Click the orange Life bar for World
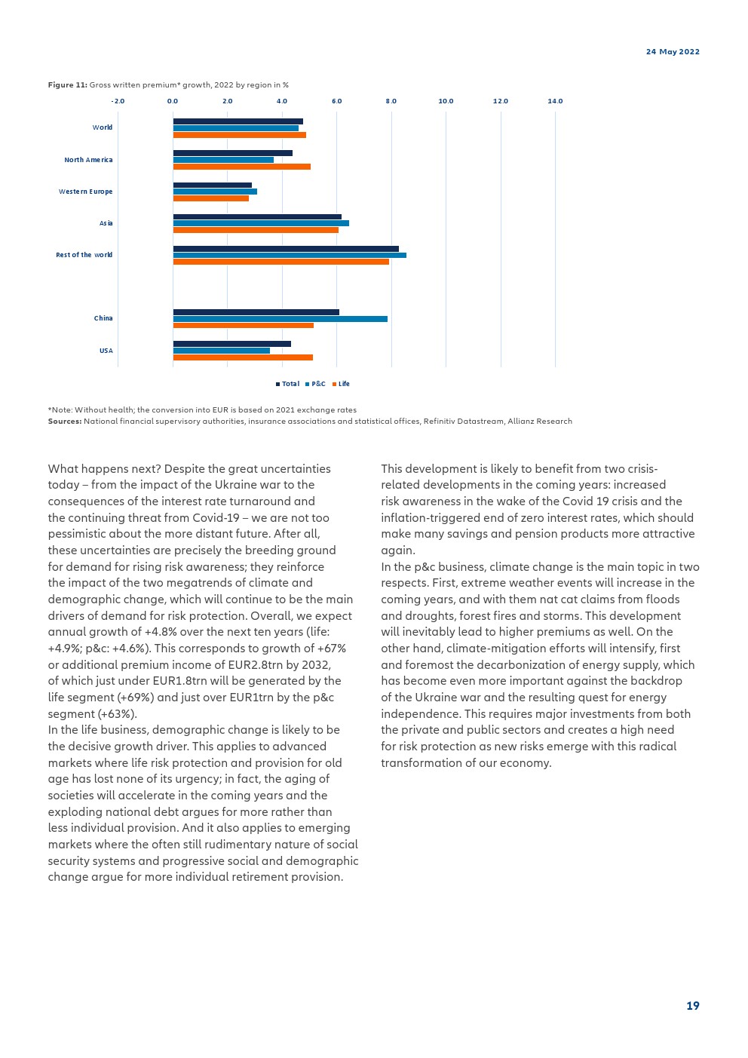pos(239,135)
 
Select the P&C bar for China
pos(280,319)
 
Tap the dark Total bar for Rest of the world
pos(286,248)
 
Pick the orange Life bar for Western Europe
pos(210,198)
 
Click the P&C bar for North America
pos(223,160)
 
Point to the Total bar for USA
pos(231,344)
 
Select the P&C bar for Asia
pos(261,223)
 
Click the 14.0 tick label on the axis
pos(555,101)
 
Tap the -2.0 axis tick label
pos(118,101)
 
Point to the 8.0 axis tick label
pos(391,101)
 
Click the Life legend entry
pos(341,384)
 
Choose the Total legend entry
pos(288,384)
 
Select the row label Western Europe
pos(85,192)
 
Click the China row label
pos(103,318)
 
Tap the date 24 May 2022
pos(673,52)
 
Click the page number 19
pos(692,1006)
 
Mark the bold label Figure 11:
pos(67,85)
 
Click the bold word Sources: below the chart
pos(65,422)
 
